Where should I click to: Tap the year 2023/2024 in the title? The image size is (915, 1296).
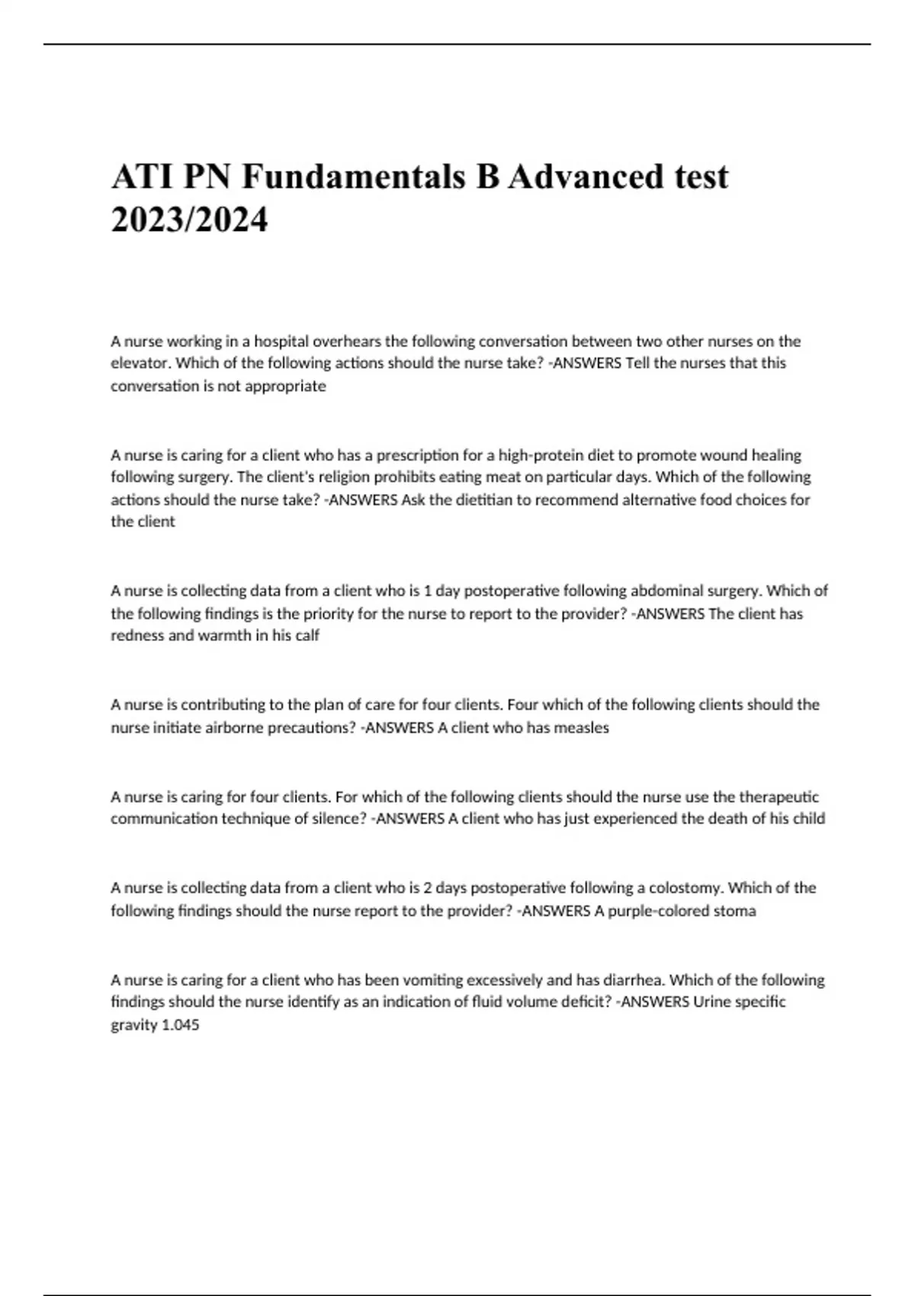pyautogui.click(x=190, y=220)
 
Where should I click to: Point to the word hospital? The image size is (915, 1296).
pyautogui.click(x=281, y=341)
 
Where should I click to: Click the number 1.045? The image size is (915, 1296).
pyautogui.click(x=181, y=1025)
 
